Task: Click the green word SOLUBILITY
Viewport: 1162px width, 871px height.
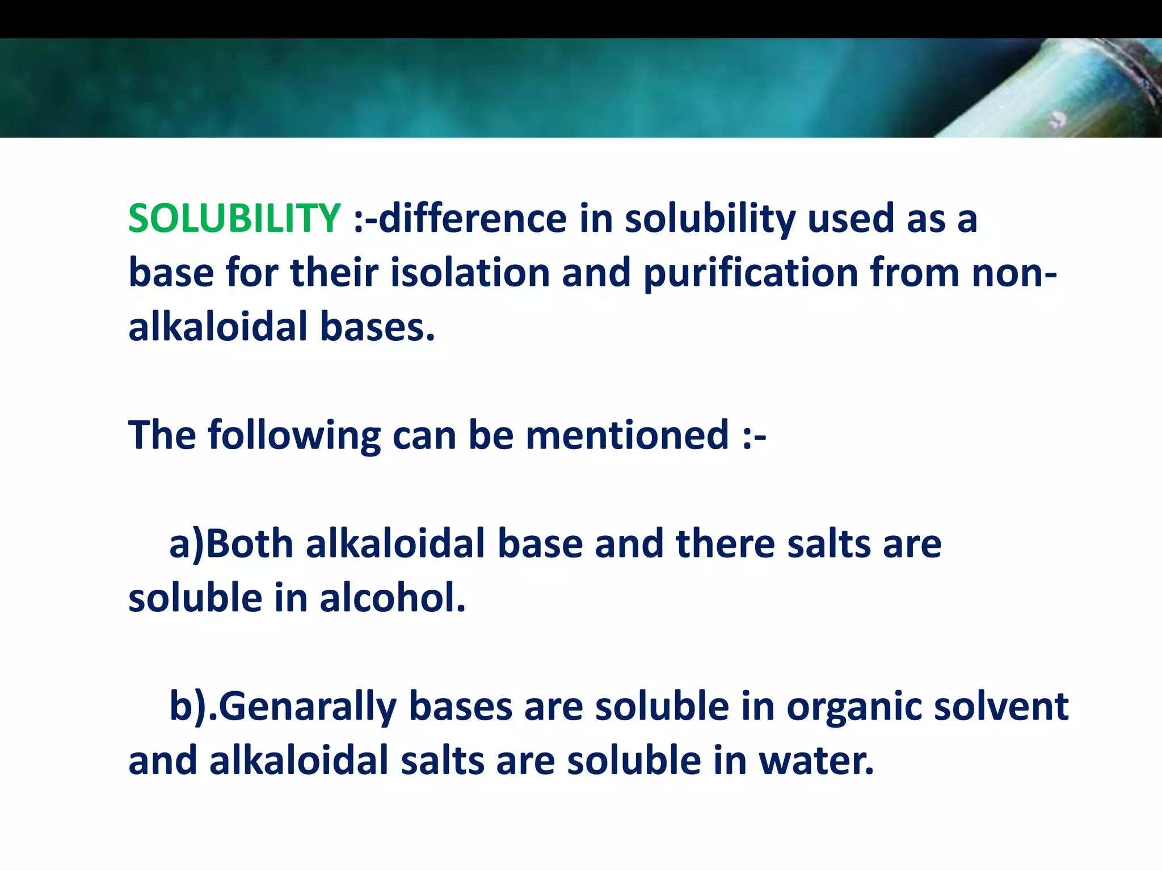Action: point(234,218)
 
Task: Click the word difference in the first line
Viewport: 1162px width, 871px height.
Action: point(473,218)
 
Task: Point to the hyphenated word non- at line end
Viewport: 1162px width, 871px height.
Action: point(1014,273)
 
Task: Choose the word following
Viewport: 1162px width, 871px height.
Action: point(294,436)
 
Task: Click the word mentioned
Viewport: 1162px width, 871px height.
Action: point(627,435)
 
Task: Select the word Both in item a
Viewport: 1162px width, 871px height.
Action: point(249,544)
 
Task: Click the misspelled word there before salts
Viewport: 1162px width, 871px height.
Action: point(726,544)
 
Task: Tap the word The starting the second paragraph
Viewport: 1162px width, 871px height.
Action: point(162,435)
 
